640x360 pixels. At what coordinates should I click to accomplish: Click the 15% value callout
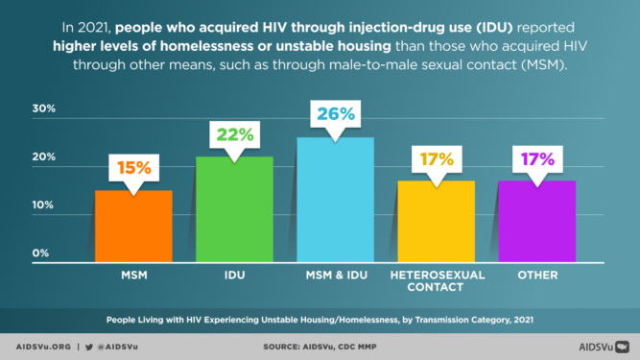[134, 168]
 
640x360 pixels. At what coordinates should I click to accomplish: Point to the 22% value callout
[233, 135]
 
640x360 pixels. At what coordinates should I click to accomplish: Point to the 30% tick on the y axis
[45, 108]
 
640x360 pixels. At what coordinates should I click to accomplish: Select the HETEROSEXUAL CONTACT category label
[436, 280]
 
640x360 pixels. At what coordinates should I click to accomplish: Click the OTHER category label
[536, 275]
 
